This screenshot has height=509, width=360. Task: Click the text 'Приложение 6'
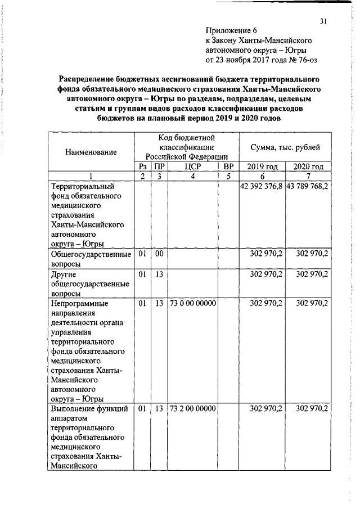pos(231,31)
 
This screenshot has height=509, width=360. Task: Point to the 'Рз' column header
pos(143,166)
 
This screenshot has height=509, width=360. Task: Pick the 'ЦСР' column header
pos(192,166)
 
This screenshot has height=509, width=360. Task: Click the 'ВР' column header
pos(228,166)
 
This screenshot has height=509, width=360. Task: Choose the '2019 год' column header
pos(262,166)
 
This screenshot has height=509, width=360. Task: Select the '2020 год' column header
pos(308,166)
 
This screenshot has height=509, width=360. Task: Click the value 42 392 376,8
pos(261,186)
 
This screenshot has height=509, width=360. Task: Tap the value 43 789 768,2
pos(308,186)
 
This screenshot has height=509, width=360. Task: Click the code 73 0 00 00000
pos(192,303)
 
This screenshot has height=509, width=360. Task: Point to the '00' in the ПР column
pos(159,254)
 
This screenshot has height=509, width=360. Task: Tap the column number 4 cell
pos(192,176)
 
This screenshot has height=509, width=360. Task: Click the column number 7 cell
pos(308,176)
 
